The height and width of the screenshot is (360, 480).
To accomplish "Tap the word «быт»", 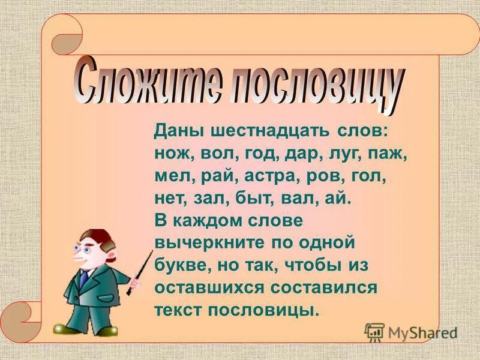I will [278, 200].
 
